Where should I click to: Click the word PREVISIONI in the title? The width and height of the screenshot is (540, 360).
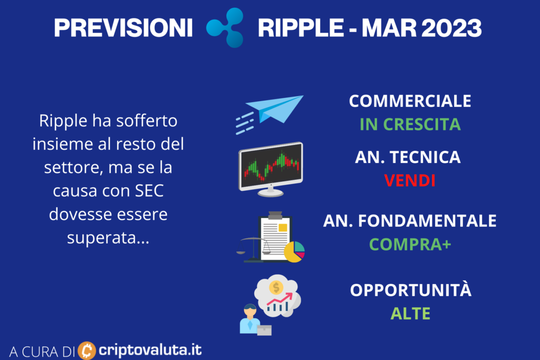pos(123,28)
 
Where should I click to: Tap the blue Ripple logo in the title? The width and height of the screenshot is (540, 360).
pos(226,27)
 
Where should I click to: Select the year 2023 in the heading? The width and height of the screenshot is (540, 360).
pos(451,28)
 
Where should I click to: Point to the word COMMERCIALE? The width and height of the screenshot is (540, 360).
pos(410,101)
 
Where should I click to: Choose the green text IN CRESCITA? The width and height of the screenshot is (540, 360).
pos(410,124)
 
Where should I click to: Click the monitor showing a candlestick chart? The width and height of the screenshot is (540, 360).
pos(271,169)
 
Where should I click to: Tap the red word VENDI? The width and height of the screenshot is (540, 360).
pos(409,181)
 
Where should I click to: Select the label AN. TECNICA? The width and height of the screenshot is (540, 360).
pos(408,157)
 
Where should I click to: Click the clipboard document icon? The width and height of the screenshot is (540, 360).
pos(274,237)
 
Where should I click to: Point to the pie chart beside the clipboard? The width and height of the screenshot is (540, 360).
pos(294,252)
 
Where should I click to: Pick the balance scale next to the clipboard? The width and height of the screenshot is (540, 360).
pos(253,249)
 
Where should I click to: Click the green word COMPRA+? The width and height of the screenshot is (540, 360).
pos(410,245)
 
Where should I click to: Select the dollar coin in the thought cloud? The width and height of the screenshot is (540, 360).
pos(276,287)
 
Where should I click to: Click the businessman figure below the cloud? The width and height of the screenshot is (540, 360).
pos(250,319)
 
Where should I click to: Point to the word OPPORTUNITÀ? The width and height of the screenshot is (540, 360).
pos(410,290)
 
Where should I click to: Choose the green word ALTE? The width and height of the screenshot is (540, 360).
pos(410,314)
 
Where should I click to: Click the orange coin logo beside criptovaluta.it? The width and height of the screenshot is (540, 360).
pos(87,351)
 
